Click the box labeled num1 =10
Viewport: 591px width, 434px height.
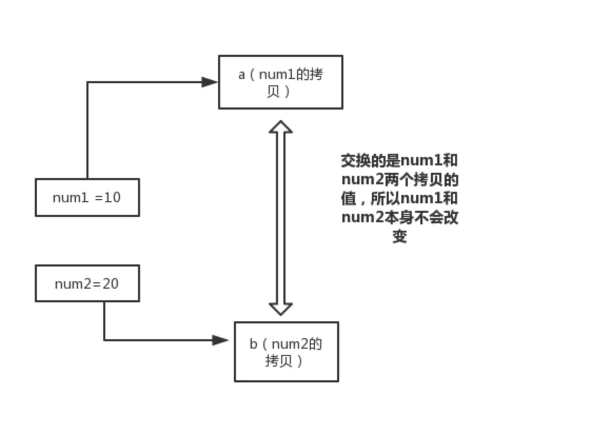click(x=87, y=198)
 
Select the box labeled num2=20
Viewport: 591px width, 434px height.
click(x=87, y=283)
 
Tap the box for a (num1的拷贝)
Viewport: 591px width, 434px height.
click(x=281, y=82)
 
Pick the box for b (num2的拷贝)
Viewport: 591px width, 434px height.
click(x=286, y=352)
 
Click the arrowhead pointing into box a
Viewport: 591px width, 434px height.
click(x=210, y=82)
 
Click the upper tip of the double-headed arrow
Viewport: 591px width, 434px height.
click(x=281, y=123)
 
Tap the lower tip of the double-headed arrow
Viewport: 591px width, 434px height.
click(x=281, y=314)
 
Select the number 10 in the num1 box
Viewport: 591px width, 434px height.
click(x=113, y=198)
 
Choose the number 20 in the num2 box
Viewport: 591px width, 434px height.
click(x=111, y=284)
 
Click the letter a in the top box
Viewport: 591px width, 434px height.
click(x=241, y=74)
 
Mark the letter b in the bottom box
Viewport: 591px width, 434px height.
click(x=253, y=344)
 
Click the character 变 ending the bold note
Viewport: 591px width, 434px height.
click(x=400, y=236)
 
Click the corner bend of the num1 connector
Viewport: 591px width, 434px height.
click(x=87, y=82)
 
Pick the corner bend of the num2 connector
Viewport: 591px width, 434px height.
click(x=104, y=340)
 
